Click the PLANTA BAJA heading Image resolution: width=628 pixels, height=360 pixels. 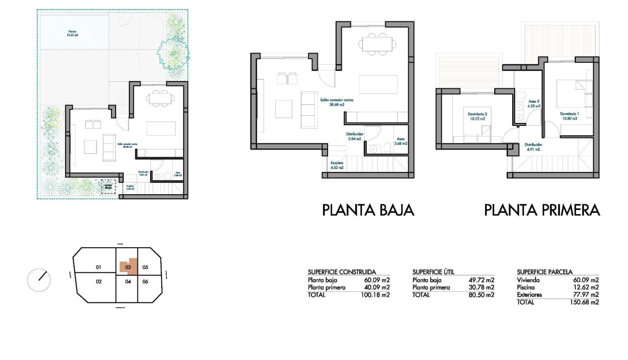pyautogui.click(x=368, y=210)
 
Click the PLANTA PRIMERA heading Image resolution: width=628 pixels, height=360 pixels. pyautogui.click(x=542, y=210)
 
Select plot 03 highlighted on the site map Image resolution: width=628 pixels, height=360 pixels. pyautogui.click(x=128, y=267)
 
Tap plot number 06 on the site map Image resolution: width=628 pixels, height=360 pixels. pyautogui.click(x=146, y=281)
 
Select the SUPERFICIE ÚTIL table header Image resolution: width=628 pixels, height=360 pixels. pyautogui.click(x=433, y=272)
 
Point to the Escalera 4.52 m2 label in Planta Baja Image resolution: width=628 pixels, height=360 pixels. pyautogui.click(x=337, y=165)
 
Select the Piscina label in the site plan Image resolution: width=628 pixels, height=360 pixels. pyautogui.click(x=72, y=34)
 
